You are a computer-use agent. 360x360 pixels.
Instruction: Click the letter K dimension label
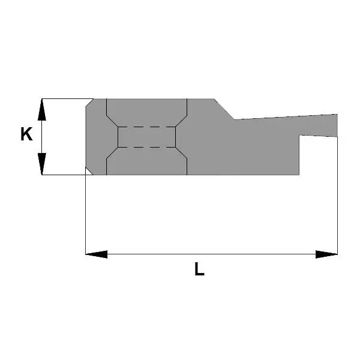coord(26,134)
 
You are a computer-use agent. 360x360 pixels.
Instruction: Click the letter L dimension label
coord(199,269)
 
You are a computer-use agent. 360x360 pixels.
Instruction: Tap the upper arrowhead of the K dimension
coord(42,110)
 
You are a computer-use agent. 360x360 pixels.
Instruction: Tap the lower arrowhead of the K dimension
coord(42,164)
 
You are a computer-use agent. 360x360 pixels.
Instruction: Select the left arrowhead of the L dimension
coord(97,254)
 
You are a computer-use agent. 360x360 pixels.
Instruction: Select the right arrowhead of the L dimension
coord(326,254)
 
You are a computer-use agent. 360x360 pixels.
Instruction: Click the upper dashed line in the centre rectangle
coord(147,127)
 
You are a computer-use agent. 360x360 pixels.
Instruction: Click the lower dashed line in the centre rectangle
coord(147,147)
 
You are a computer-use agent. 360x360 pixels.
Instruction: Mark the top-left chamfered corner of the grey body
coord(89,103)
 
